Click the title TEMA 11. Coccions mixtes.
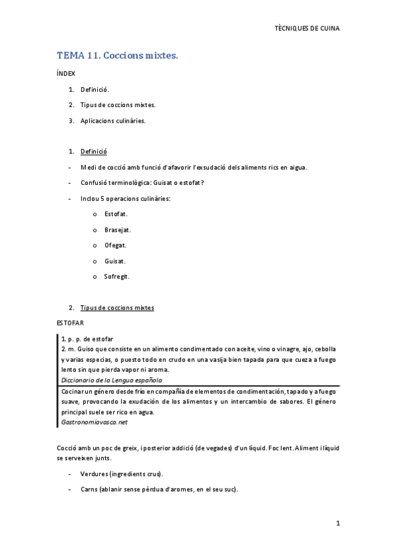coord(117,56)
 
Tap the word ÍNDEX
coord(66,74)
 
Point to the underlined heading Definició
coord(93,151)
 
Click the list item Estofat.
coord(116,214)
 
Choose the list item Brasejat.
coord(117,230)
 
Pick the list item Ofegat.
coord(115,245)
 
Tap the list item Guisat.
coord(115,261)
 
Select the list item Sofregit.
coord(117,277)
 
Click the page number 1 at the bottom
coord(337,523)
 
